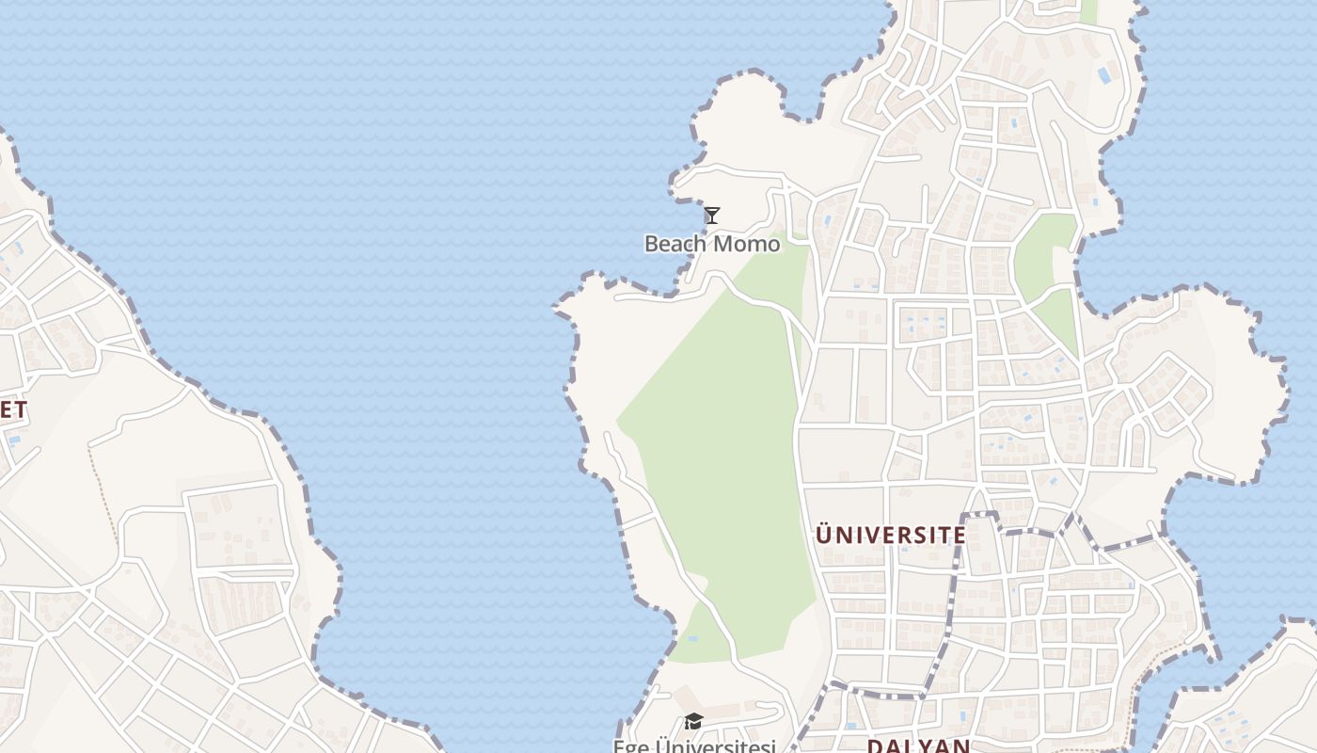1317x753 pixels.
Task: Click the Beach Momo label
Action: pyautogui.click(x=712, y=244)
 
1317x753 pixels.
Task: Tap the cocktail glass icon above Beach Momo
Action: pyautogui.click(x=712, y=216)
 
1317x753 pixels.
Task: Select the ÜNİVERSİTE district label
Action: pyautogui.click(x=890, y=536)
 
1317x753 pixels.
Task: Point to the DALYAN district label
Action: pyautogui.click(x=917, y=745)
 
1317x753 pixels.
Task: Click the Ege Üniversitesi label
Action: pyautogui.click(x=694, y=746)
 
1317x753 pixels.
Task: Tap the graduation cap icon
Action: pyautogui.click(x=693, y=721)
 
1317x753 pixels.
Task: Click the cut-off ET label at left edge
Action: pyautogui.click(x=13, y=409)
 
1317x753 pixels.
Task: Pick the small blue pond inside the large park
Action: pyautogui.click(x=692, y=639)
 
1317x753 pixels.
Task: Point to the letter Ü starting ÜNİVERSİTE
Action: pyautogui.click(x=824, y=536)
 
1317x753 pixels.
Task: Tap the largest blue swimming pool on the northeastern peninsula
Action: pyautogui.click(x=1104, y=74)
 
